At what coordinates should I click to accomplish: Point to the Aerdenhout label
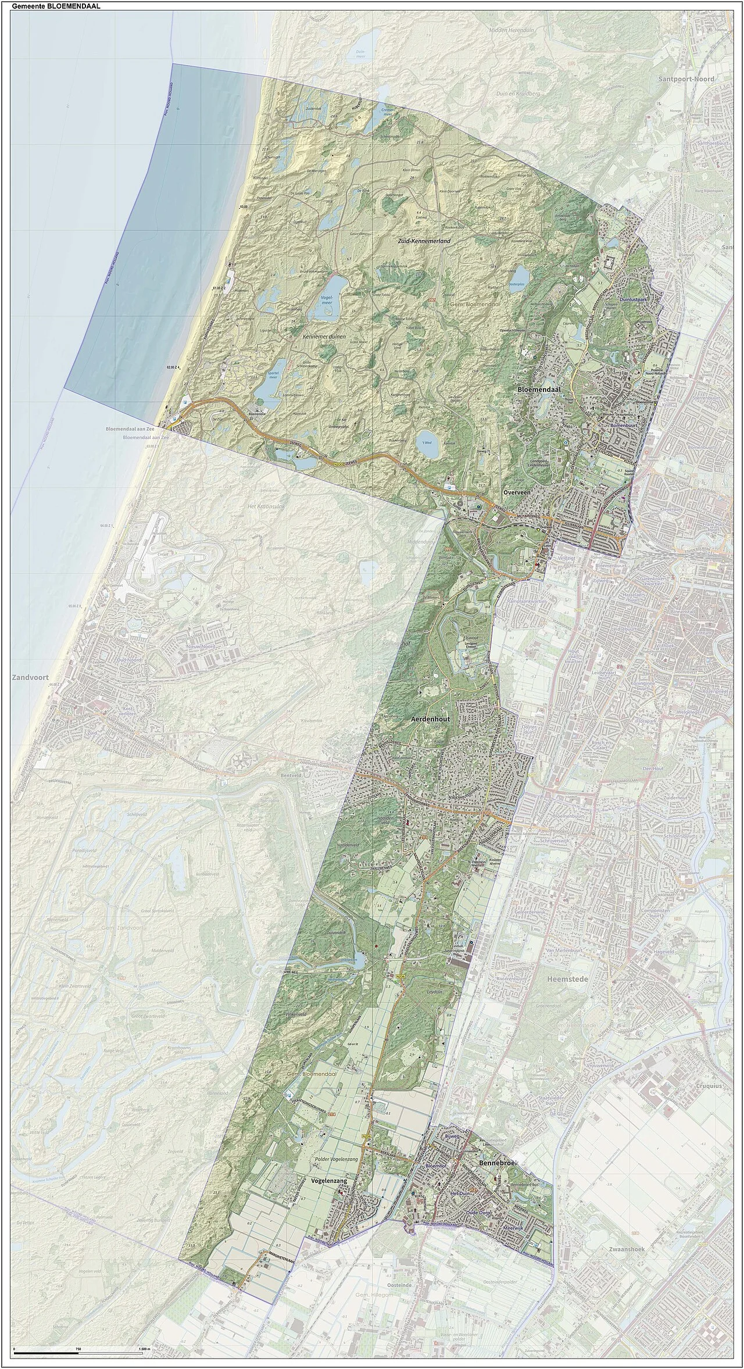coord(431,719)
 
